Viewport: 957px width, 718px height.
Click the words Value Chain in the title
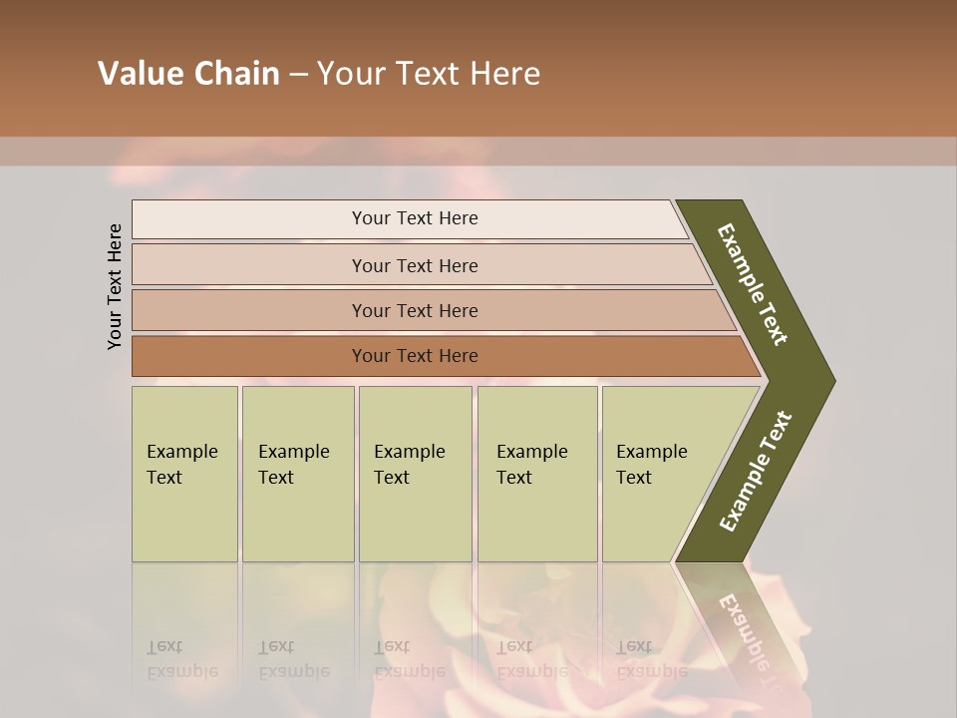pos(188,74)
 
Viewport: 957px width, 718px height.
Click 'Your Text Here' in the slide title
pos(429,74)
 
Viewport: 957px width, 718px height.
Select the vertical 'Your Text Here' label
pos(115,286)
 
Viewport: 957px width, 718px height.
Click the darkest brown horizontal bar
pos(249,356)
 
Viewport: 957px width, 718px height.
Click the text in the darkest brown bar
pos(415,356)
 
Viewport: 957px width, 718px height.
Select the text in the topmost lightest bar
pos(415,218)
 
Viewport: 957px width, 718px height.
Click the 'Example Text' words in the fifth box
pos(651,464)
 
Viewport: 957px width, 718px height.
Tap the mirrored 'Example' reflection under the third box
pos(409,671)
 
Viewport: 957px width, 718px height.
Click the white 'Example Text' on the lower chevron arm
pos(755,472)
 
